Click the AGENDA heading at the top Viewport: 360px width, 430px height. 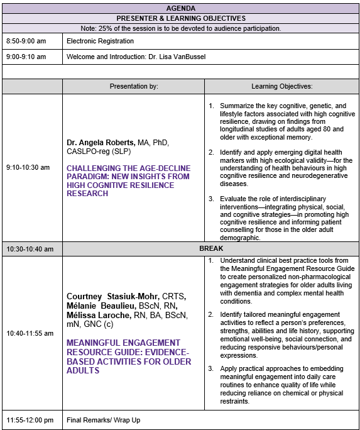[180, 8]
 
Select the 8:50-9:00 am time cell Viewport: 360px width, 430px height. [26, 41]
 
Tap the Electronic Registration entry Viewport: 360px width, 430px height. [100, 41]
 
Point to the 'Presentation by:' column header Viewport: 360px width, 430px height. [133, 86]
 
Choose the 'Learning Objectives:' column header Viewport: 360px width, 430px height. [281, 86]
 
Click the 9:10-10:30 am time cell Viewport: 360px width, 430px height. [28, 168]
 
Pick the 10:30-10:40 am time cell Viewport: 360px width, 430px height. [30, 249]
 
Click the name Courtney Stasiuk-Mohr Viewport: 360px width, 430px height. [113, 295]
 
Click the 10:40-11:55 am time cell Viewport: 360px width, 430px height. [30, 333]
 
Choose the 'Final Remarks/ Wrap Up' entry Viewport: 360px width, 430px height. [104, 419]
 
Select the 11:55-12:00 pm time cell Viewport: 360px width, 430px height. [30, 419]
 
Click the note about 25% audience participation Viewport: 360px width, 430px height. [180, 28]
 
